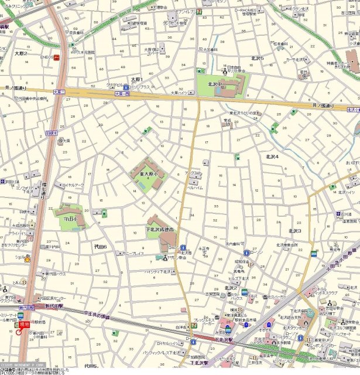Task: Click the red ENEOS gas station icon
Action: [x=56, y=57]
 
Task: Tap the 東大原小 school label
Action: [x=149, y=175]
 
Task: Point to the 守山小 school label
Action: [x=70, y=219]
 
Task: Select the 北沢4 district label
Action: [x=273, y=157]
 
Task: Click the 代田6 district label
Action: [x=101, y=247]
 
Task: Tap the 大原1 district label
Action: [x=136, y=79]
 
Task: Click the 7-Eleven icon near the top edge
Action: [x=200, y=11]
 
